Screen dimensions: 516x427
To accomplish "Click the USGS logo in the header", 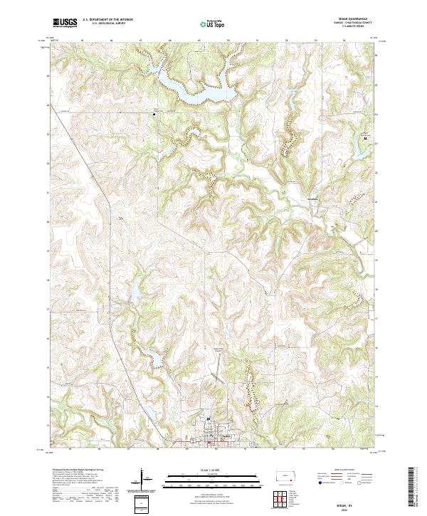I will pos(65,23).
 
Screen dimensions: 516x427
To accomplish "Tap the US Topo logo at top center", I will pos(213,23).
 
